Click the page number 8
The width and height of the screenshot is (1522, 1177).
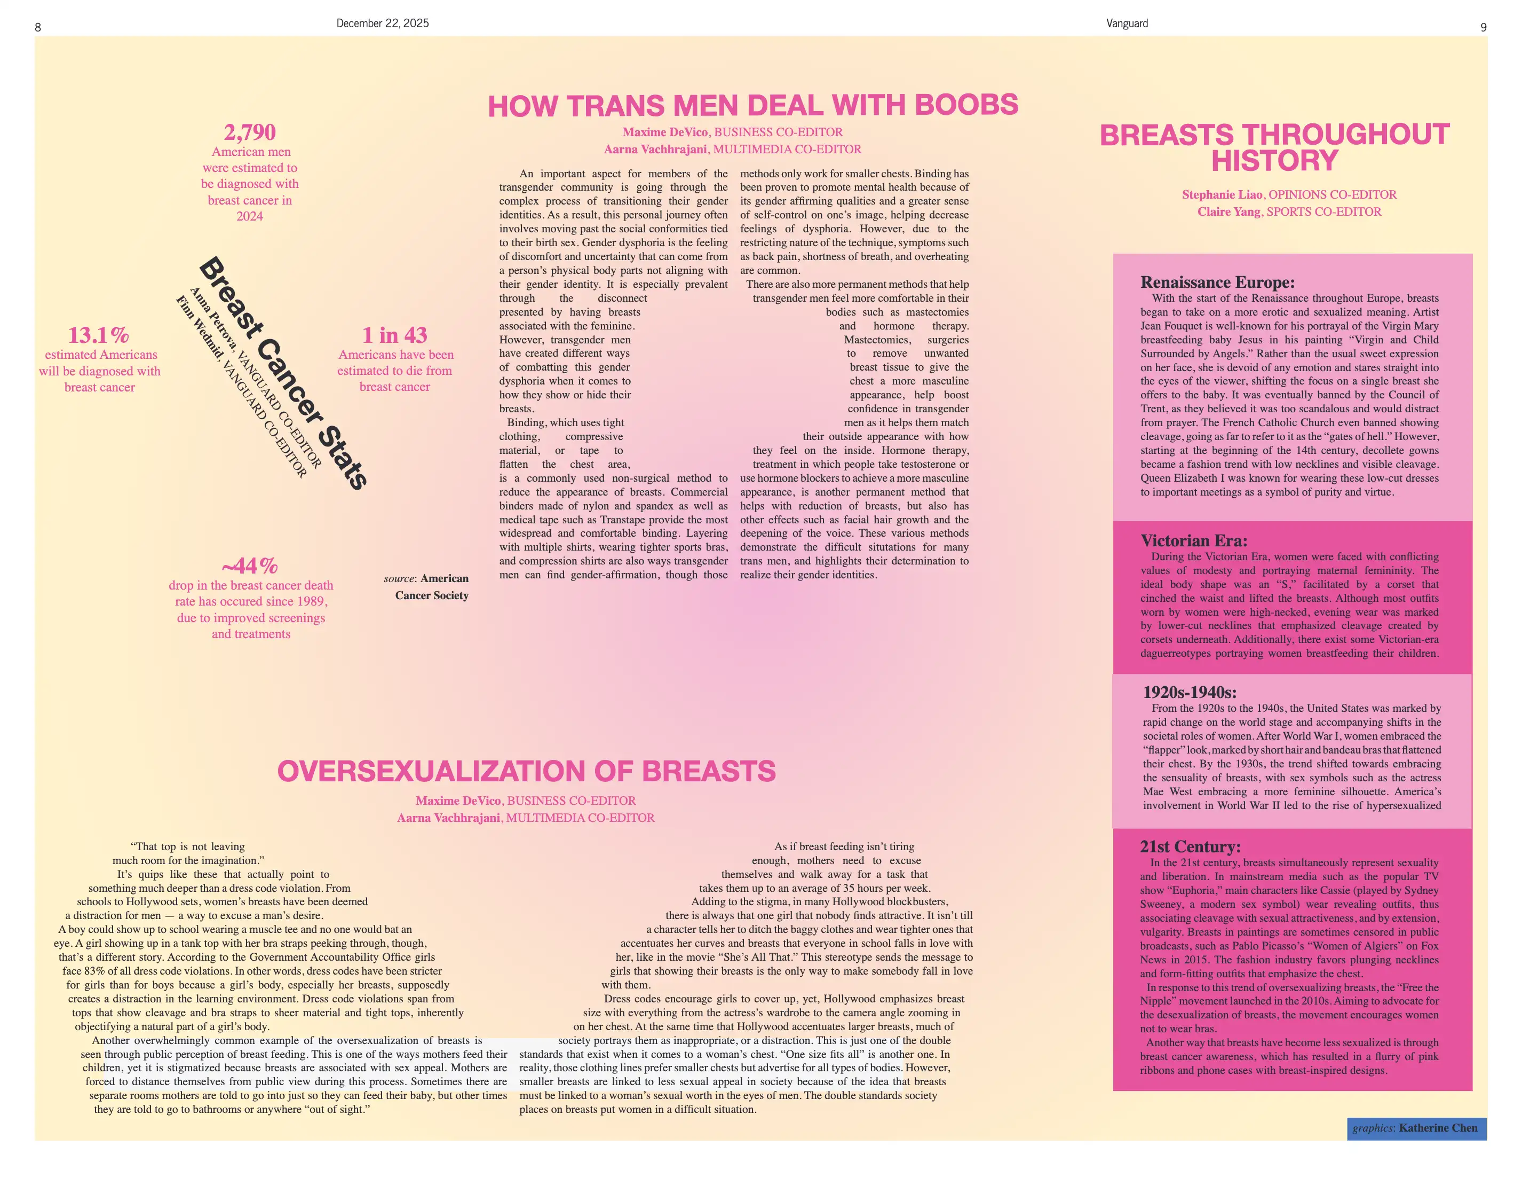tap(38, 27)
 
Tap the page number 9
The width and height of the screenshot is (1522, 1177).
tap(1483, 27)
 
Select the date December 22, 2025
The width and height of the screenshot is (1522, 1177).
tap(383, 23)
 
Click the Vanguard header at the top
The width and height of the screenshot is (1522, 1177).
tap(1127, 23)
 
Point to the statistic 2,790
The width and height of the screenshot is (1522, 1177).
tap(249, 132)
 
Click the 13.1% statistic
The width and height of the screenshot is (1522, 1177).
tap(98, 335)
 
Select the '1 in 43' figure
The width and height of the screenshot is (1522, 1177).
tap(394, 335)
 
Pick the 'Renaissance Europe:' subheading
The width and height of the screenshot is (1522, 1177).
tap(1217, 283)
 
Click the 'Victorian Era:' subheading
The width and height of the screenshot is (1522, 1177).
tap(1194, 540)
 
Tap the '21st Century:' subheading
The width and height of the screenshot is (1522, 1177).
tap(1190, 846)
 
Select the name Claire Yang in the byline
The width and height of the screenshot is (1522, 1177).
tap(1228, 211)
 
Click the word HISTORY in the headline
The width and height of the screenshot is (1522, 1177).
tap(1274, 161)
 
